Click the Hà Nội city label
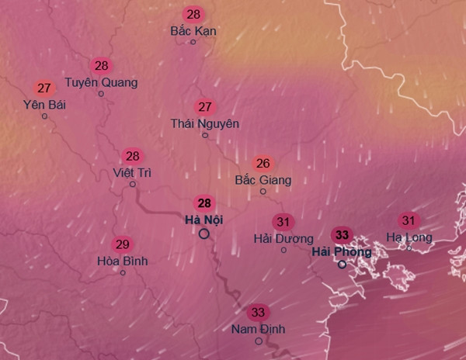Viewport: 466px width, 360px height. (203, 220)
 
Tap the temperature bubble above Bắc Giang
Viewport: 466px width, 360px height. (263, 164)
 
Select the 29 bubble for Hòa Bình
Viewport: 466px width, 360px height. (122, 244)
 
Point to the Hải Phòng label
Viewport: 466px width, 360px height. (341, 251)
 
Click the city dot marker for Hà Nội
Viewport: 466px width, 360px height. (203, 234)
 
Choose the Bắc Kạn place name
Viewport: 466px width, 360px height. (193, 31)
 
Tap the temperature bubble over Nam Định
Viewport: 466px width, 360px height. (258, 313)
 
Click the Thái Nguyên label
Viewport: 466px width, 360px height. (205, 123)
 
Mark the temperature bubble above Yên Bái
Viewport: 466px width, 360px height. (43, 88)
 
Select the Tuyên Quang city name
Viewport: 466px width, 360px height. (101, 81)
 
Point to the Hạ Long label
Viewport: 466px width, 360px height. (409, 237)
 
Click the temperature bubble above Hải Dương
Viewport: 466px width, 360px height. (283, 223)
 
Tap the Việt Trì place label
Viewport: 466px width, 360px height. (133, 171)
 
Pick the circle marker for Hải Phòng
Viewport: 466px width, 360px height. (341, 265)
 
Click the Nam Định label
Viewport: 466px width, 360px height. (258, 329)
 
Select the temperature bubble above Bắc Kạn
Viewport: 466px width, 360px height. (193, 15)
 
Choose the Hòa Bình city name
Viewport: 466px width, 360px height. (122, 261)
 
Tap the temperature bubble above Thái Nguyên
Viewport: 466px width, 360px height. (205, 107)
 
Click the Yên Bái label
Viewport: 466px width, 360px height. (43, 104)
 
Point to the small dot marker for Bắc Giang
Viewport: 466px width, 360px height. (263, 192)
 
